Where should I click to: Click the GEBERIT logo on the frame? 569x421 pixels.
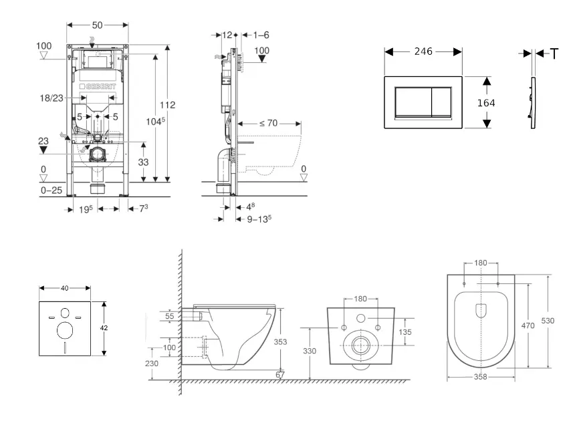coord(98,88)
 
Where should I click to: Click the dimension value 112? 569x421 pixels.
coord(167,105)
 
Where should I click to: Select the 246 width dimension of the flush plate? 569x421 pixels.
coord(423,51)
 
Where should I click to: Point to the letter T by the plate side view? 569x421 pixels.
coord(554,54)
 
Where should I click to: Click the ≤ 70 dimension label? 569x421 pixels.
coord(267,123)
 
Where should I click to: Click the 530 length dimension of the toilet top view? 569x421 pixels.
coord(548,321)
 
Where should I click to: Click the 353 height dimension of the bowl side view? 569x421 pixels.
coord(281,341)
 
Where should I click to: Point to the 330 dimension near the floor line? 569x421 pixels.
coord(309,350)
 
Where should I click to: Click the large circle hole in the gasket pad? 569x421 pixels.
coord(66,330)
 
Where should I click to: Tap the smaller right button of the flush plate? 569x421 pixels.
coord(439,101)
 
